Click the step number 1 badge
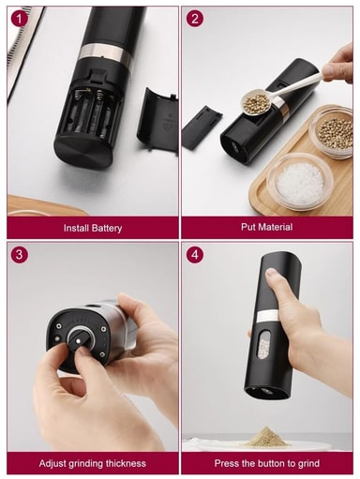pos(20,20)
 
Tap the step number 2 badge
pos(195,19)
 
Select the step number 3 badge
pos(20,254)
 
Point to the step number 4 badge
pos(195,254)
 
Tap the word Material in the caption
pos(276,227)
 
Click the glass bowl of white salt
pos(299,182)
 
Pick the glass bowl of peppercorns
pos(335,132)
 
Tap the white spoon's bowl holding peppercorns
pos(256,101)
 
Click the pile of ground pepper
pos(266,436)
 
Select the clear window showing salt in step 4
pos(263,345)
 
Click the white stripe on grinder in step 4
pos(267,316)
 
